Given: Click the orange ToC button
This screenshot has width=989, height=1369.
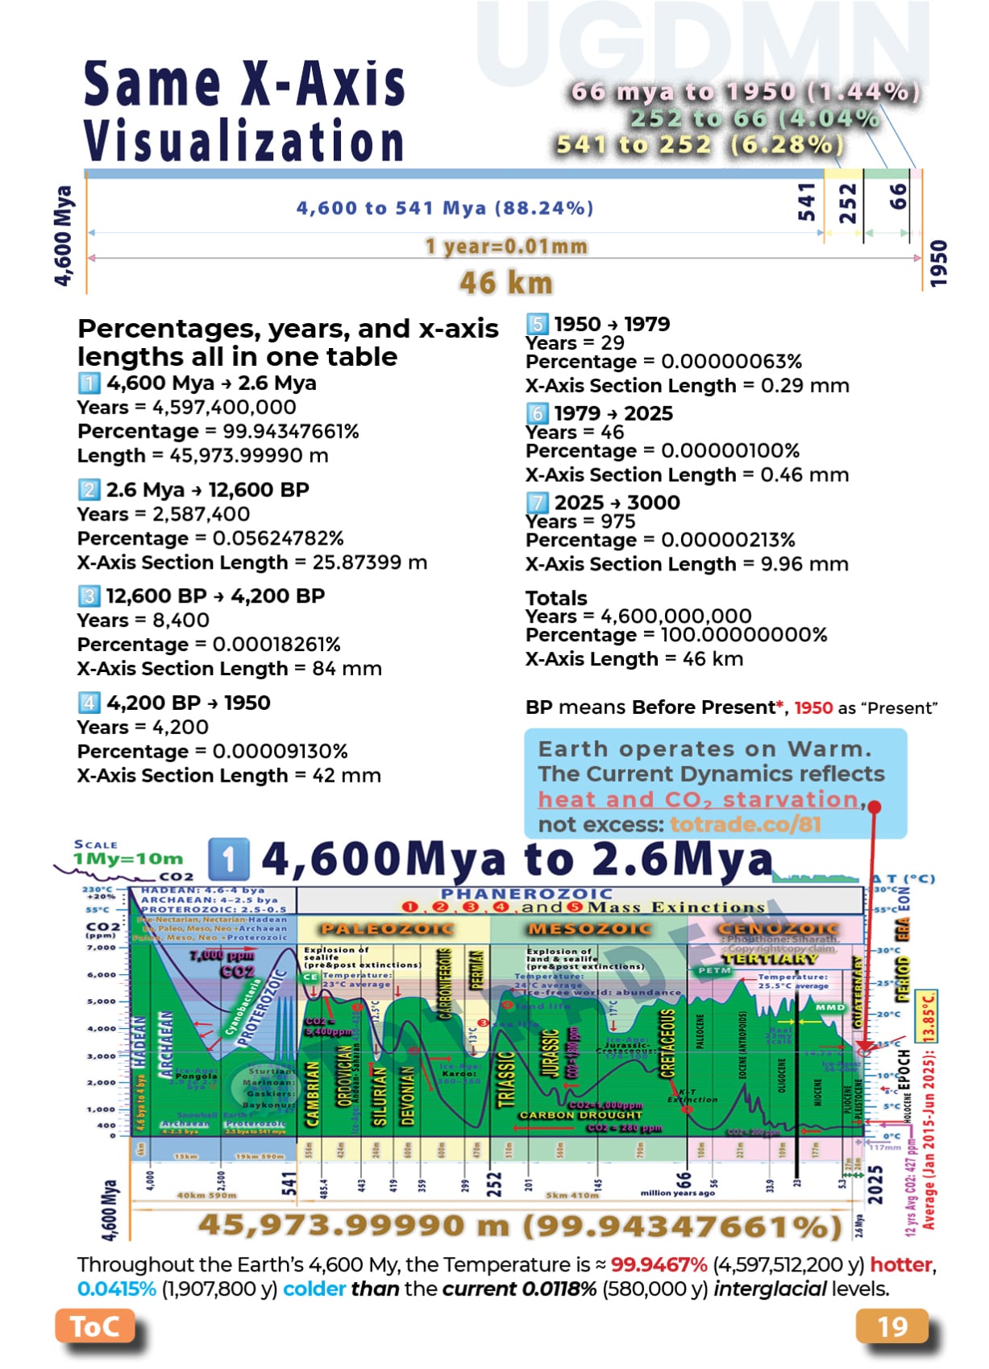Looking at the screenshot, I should tap(94, 1326).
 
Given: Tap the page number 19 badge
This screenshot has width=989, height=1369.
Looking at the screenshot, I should tap(891, 1326).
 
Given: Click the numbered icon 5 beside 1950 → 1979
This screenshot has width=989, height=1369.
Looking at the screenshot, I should tap(538, 324).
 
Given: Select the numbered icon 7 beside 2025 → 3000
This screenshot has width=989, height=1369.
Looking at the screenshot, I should tap(538, 503).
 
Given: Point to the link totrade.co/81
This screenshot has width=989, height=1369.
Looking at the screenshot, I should tap(745, 824).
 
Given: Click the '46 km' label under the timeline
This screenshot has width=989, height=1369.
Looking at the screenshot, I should tap(506, 283).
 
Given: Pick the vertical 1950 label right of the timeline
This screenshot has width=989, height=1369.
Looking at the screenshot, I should tap(938, 263).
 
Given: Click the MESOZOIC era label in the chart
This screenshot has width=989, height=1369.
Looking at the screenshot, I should tap(589, 929).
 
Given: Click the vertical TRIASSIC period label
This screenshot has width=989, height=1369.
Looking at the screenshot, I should tap(505, 1079).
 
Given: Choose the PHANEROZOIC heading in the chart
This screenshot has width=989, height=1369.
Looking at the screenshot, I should tap(526, 894).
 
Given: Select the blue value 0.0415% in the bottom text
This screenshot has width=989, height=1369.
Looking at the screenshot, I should tap(117, 1289).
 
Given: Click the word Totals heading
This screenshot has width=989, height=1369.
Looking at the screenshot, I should tap(556, 598).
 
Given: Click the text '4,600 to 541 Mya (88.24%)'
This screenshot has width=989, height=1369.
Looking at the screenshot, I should tap(445, 208).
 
